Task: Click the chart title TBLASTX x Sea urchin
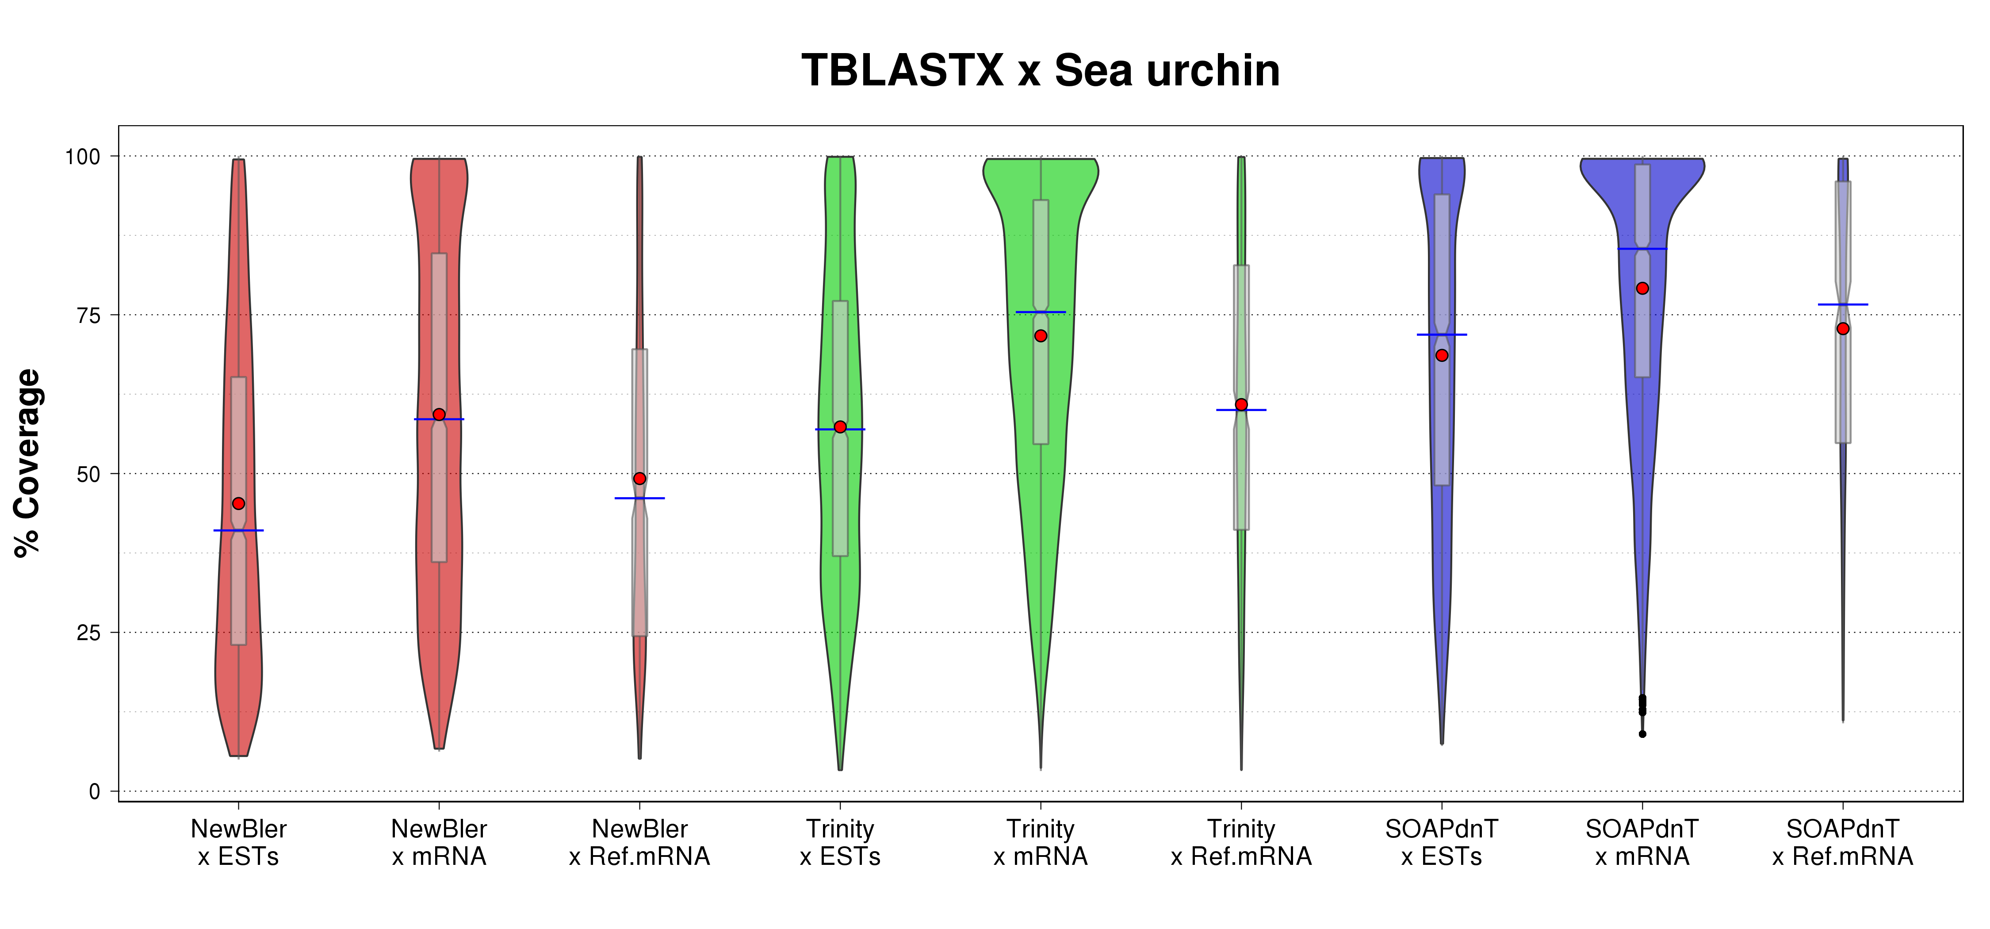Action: (x=1040, y=71)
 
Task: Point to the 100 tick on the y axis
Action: (x=83, y=157)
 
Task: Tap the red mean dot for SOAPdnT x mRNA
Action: (x=1642, y=288)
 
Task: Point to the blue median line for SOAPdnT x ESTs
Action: (x=1442, y=334)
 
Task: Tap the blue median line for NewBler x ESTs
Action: (x=239, y=530)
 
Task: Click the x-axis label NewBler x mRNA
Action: (x=439, y=842)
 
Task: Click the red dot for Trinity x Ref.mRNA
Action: (x=1241, y=405)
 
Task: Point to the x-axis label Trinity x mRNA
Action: (x=1041, y=842)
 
